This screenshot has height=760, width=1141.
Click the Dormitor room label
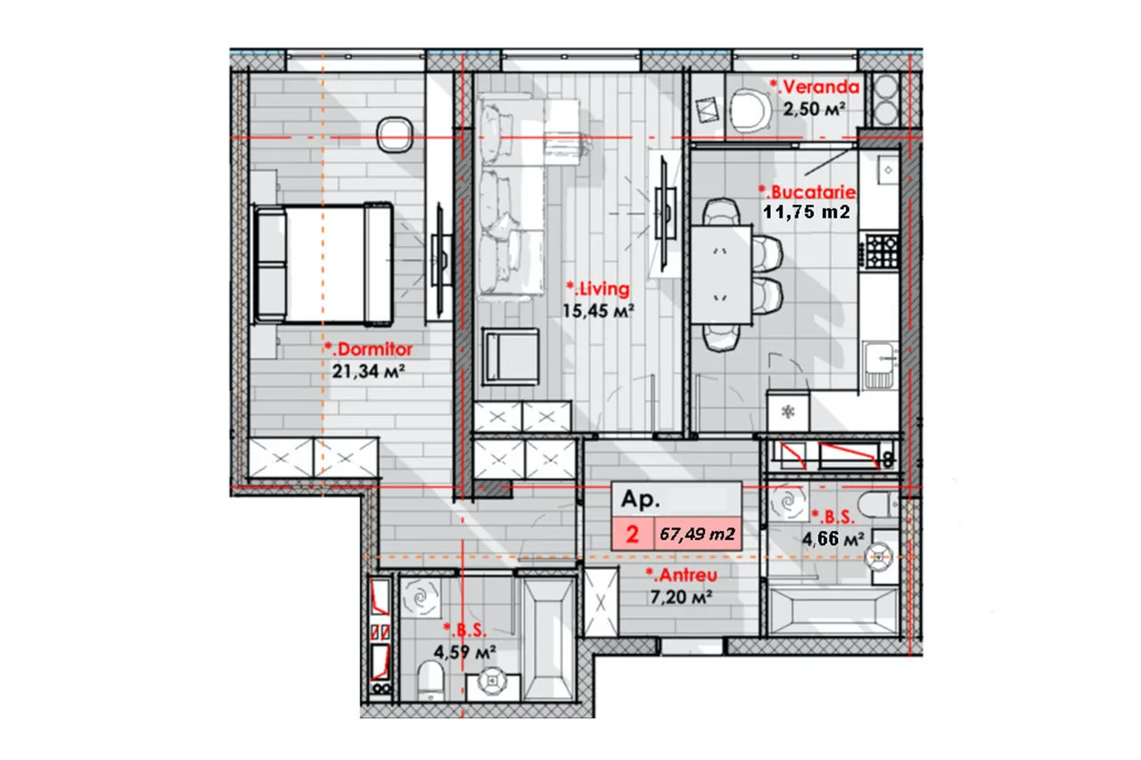(369, 349)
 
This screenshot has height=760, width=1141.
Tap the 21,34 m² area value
(368, 372)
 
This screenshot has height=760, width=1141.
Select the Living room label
(598, 289)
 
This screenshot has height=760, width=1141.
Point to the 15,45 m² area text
(598, 311)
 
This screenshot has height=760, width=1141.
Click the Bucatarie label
(807, 192)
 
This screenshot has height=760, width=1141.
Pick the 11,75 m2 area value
(807, 212)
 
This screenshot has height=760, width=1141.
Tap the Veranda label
(815, 87)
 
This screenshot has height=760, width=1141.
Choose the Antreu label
(682, 575)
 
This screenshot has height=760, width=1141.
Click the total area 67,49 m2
(697, 534)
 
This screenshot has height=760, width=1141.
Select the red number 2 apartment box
(633, 534)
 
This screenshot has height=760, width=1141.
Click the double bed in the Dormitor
(323, 265)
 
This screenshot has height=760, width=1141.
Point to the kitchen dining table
(721, 274)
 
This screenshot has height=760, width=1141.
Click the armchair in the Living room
(511, 356)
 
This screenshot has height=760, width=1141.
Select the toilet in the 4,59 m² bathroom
(431, 680)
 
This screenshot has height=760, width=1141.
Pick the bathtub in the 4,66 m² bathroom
(833, 611)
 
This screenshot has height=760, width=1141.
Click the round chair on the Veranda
(750, 110)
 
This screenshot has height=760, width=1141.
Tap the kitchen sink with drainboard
(880, 365)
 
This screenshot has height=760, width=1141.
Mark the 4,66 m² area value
(833, 538)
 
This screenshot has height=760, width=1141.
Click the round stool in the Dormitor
(394, 135)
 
